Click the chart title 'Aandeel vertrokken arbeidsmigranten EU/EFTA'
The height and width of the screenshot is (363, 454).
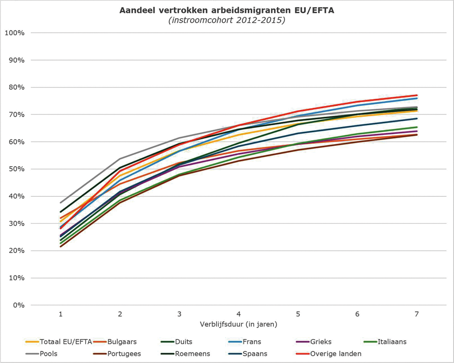point(227,10)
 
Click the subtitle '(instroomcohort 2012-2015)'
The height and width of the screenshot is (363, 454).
point(227,20)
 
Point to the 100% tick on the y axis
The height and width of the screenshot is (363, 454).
point(15,33)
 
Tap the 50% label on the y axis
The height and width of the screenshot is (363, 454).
point(16,169)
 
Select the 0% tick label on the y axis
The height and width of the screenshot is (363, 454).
point(19,305)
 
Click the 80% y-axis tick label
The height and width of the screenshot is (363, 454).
point(16,87)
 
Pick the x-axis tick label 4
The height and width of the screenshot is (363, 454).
point(239,314)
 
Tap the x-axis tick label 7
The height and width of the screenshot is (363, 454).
point(417,314)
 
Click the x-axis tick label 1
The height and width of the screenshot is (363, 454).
point(61,314)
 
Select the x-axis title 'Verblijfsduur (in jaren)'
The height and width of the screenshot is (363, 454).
point(239,324)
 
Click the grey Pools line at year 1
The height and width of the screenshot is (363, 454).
point(61,202)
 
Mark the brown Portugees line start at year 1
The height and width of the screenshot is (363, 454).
point(61,246)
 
